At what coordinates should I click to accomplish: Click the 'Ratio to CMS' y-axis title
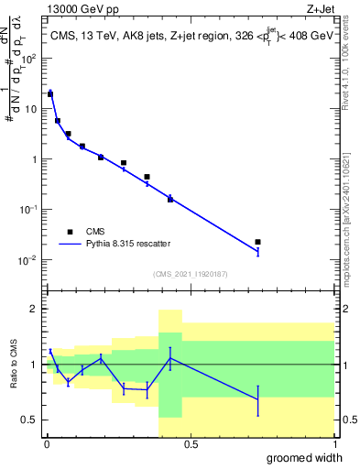click(x=14, y=364)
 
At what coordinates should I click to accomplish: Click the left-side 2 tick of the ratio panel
click(x=36, y=309)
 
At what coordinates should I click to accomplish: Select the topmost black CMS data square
click(x=50, y=93)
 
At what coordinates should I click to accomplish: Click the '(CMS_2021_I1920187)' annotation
click(x=191, y=274)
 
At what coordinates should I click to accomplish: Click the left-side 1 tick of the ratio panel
click(x=36, y=365)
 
